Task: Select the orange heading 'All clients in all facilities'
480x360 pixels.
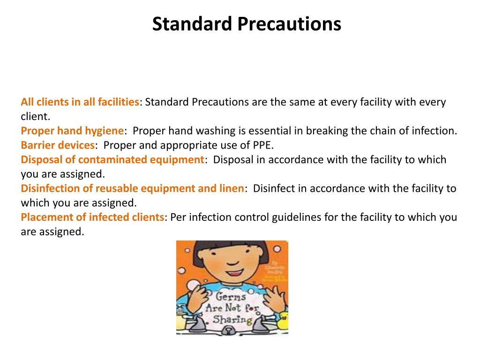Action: (80, 102)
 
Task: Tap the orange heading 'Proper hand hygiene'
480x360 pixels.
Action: (72, 131)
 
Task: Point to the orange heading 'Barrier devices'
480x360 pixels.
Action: (58, 145)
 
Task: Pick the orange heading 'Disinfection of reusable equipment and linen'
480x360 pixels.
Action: (132, 188)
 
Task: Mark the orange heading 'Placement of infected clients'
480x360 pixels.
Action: (93, 217)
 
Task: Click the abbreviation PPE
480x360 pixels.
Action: (263, 145)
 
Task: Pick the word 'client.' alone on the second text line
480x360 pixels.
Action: (35, 116)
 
